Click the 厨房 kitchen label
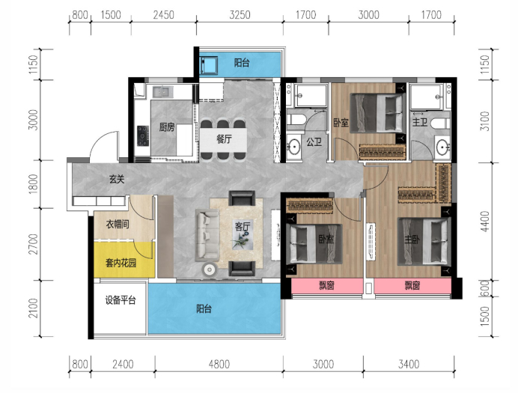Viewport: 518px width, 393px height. (166, 127)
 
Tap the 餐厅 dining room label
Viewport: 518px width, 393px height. (224, 139)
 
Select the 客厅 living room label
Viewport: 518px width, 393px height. (242, 227)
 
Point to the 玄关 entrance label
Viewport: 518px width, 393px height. (117, 179)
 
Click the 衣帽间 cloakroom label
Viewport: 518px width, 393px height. (118, 225)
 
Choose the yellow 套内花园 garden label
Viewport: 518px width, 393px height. (121, 263)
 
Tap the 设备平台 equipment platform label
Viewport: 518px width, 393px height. (121, 300)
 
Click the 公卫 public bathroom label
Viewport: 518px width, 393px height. (314, 142)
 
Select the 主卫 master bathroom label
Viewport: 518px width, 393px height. (419, 122)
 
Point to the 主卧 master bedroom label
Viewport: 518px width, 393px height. (412, 239)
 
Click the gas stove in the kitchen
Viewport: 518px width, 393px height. (143, 135)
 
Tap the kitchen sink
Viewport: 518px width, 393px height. (162, 91)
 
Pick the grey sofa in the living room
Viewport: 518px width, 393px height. (207, 234)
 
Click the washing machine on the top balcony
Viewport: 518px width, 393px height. (209, 65)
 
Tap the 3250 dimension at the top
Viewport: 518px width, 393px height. (240, 15)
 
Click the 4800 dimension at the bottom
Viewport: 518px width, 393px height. (219, 365)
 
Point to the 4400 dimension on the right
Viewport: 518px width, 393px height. (484, 222)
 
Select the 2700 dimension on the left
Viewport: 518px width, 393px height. (33, 244)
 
